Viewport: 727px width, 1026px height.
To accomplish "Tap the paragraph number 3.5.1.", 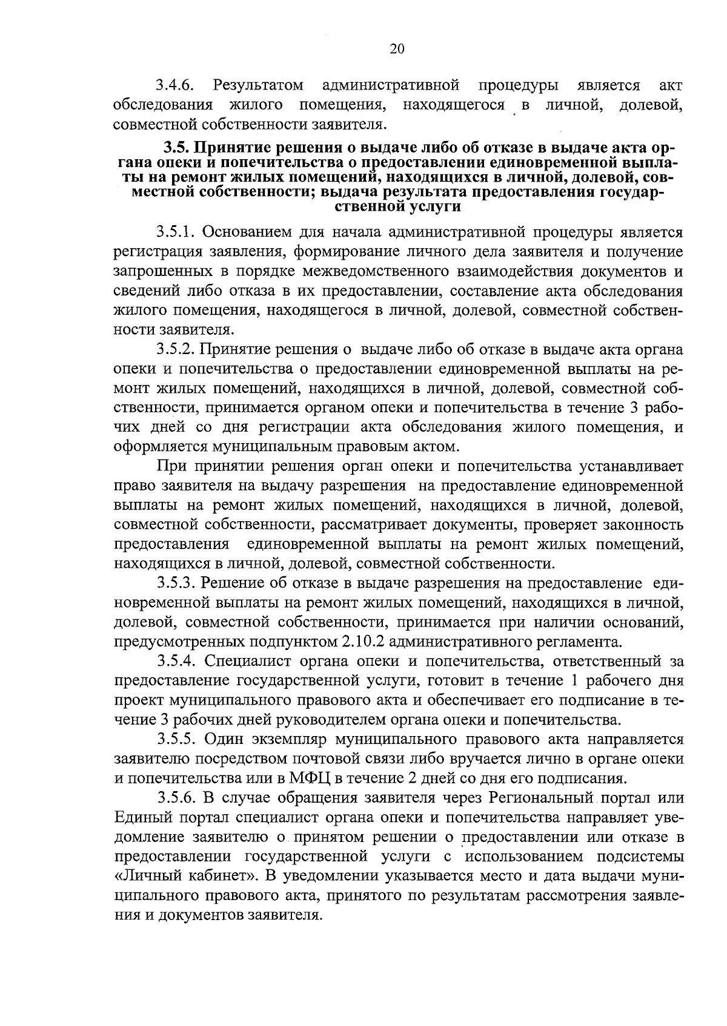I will pos(177,232).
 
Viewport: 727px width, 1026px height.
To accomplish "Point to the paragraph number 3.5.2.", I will pos(177,349).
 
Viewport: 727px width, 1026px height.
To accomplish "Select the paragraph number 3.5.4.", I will pos(177,662).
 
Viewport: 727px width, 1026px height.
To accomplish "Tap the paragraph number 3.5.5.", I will pos(177,740).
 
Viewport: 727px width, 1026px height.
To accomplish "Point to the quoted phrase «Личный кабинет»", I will pos(186,876).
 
